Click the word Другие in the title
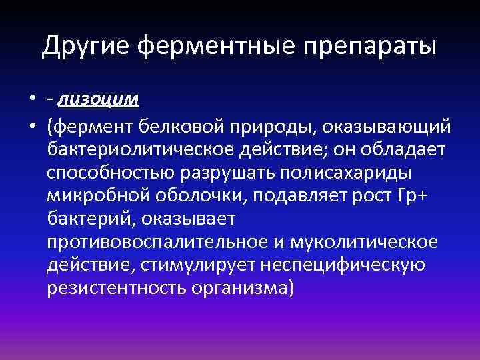87,46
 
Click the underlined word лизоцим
98,99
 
